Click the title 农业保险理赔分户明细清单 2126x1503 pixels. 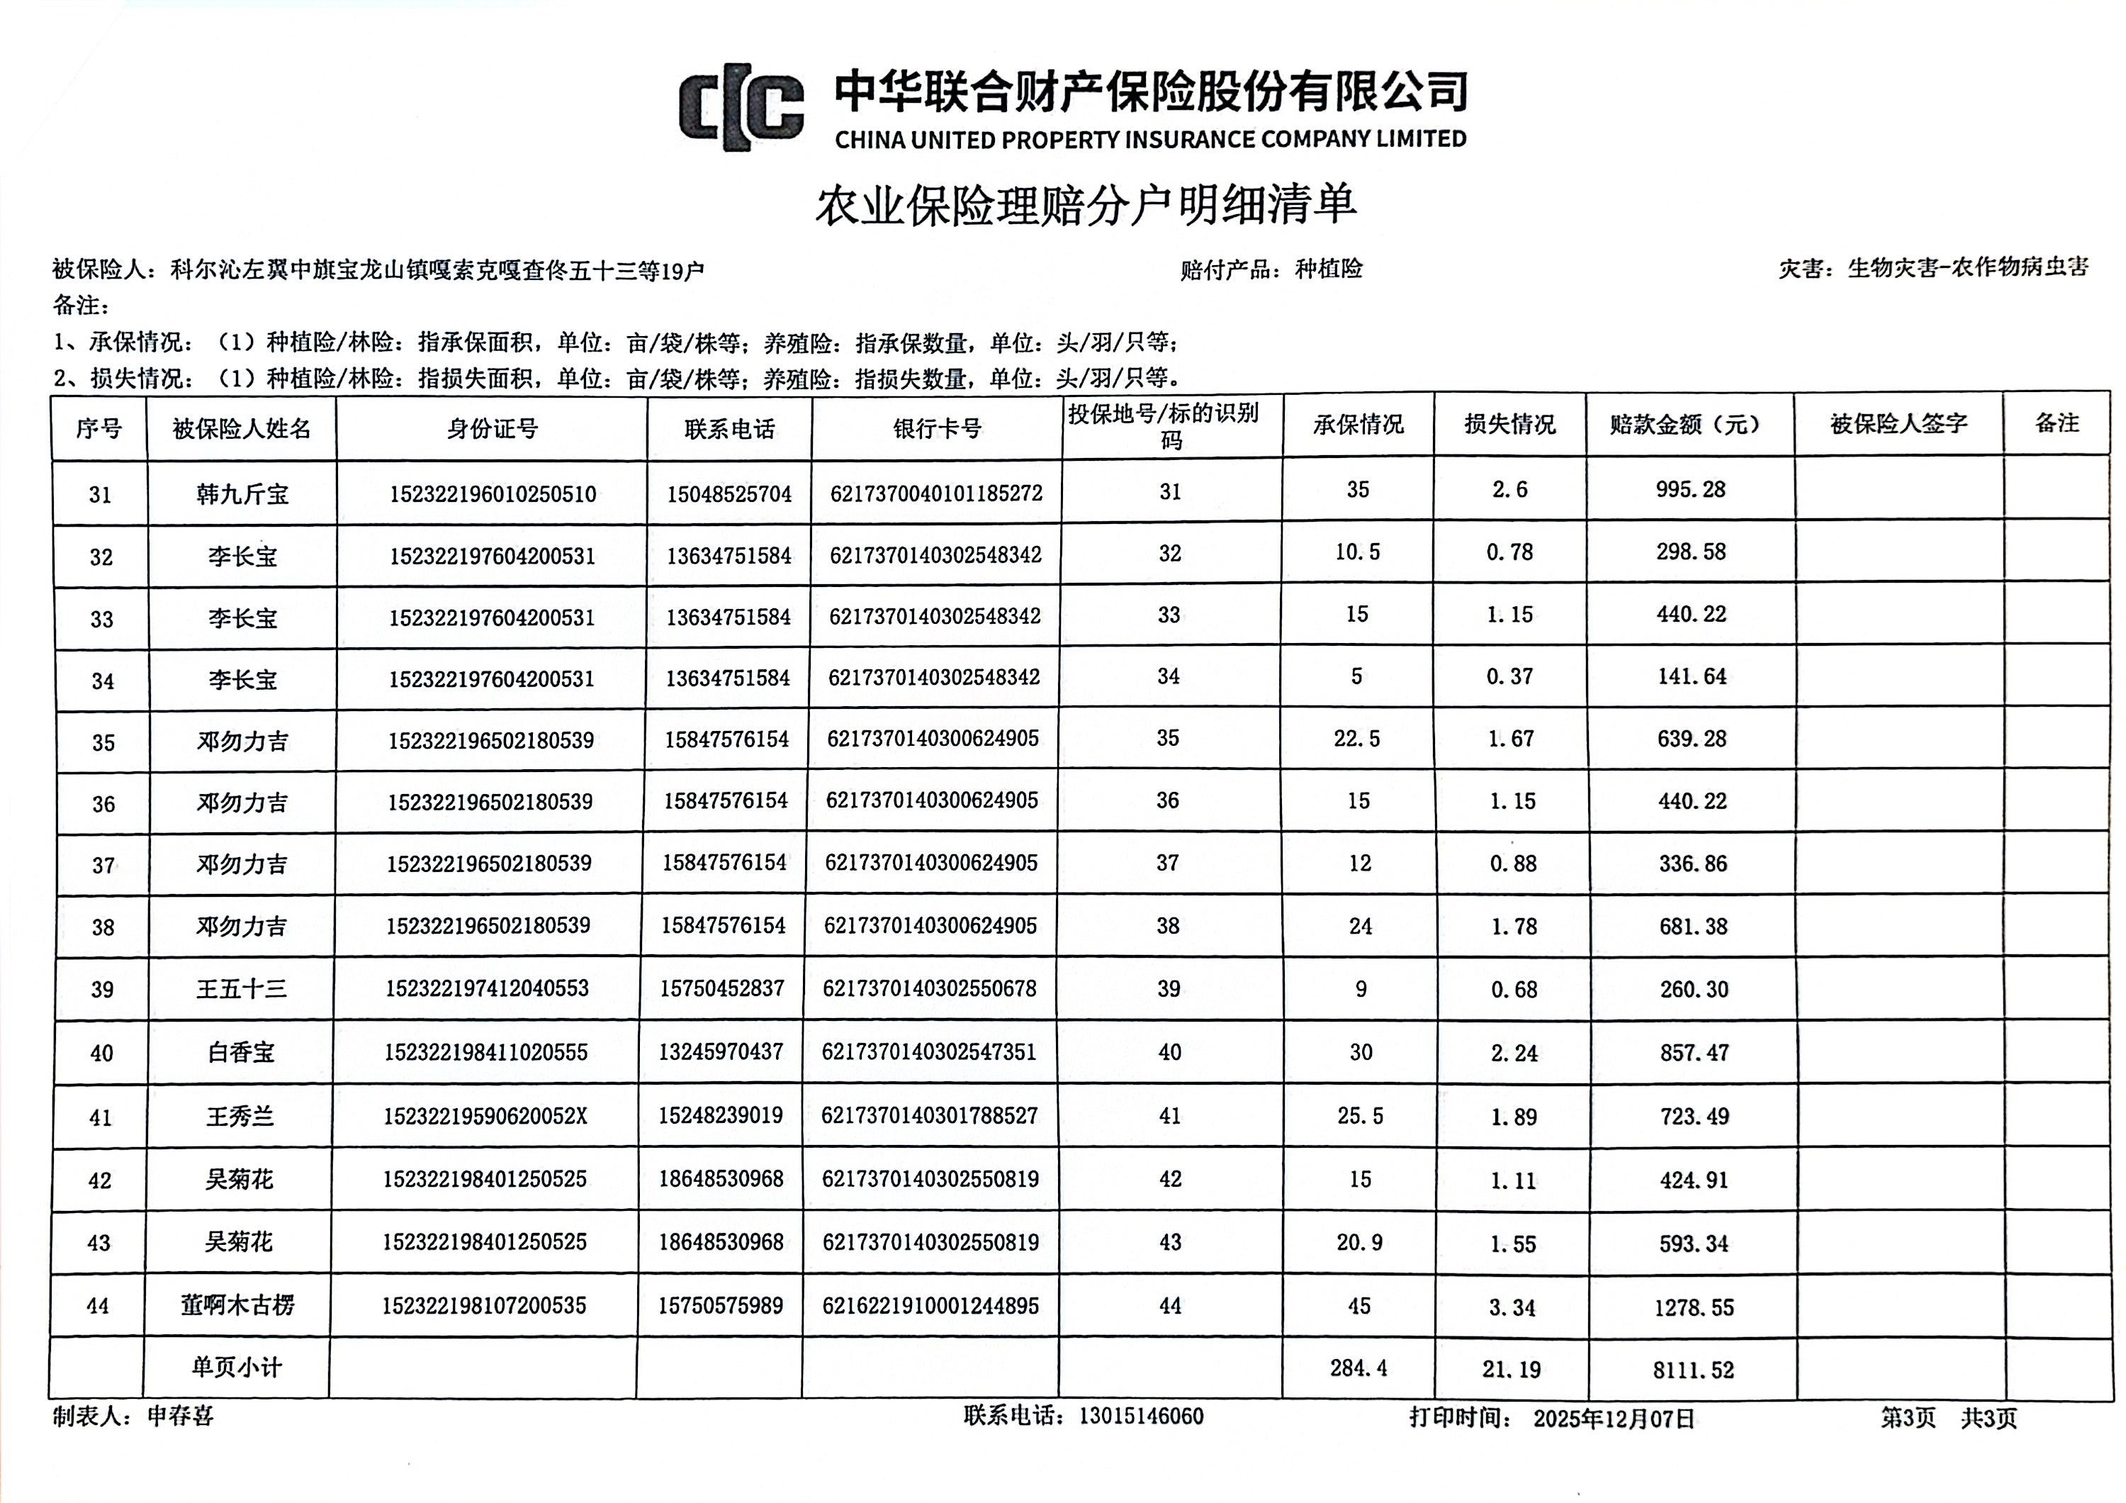tap(1085, 205)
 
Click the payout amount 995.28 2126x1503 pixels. tap(1690, 490)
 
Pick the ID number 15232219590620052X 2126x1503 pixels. tap(485, 1116)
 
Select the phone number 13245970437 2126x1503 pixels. tap(721, 1052)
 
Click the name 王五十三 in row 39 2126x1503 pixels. tap(241, 989)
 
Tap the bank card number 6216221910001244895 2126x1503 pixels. tap(930, 1306)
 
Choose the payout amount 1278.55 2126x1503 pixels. tap(1694, 1307)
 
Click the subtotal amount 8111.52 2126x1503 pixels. tap(1693, 1370)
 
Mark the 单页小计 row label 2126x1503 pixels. tap(236, 1368)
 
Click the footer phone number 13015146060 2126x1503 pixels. tap(1141, 1416)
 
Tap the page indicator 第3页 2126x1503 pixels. tap(1908, 1418)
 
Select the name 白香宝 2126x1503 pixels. tap(241, 1052)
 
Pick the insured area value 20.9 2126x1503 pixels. tap(1359, 1243)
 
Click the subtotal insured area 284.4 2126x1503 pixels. tap(1359, 1368)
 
